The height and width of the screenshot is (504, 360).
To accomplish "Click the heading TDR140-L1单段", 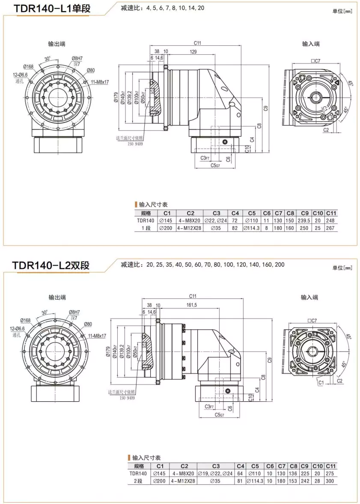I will [52, 9].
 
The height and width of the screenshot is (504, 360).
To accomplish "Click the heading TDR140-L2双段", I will [51, 265].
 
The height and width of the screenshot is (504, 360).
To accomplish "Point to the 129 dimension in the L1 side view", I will [194, 52].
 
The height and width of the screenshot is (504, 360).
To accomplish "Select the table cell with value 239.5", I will [304, 221].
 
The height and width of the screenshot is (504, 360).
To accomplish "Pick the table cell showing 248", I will [331, 221].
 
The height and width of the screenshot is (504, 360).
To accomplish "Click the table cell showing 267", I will [331, 228].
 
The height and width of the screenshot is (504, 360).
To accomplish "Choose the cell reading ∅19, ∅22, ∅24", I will [215, 474].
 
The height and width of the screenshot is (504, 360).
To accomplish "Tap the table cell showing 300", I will [331, 481].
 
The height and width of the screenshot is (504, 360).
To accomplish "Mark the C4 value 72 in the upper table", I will [235, 221].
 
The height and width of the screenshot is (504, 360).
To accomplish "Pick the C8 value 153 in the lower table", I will [292, 481].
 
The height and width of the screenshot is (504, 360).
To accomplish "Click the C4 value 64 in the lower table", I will [240, 474].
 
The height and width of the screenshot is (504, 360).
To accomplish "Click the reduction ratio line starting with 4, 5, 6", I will [162, 8].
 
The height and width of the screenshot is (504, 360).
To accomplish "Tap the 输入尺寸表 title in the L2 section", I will [146, 458].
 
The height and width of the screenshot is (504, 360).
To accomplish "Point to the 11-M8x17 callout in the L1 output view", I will [99, 82].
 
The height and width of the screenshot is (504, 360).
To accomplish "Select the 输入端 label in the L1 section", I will [311, 44].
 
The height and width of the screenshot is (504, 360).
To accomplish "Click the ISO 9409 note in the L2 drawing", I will [127, 397].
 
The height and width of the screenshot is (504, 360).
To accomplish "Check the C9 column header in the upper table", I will [304, 213].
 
